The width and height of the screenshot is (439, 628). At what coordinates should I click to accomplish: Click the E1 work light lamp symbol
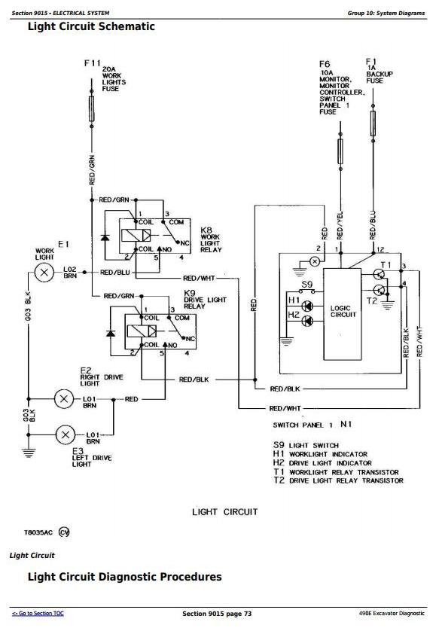click(x=44, y=273)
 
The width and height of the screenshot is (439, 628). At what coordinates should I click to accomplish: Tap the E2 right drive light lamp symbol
click(x=64, y=399)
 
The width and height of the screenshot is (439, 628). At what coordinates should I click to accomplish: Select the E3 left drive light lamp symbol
click(x=65, y=434)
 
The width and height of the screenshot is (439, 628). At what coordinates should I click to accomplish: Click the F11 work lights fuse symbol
click(x=92, y=108)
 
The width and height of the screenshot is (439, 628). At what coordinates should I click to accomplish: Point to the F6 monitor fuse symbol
click(x=340, y=151)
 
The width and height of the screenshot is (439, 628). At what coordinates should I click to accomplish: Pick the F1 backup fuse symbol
click(x=373, y=123)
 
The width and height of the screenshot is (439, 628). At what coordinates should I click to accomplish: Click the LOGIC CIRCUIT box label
click(x=343, y=312)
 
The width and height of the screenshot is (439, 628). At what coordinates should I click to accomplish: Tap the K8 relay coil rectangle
click(x=136, y=235)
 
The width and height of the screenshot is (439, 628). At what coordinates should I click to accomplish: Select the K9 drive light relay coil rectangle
click(x=142, y=331)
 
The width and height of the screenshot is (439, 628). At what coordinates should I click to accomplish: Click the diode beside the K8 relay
click(x=105, y=237)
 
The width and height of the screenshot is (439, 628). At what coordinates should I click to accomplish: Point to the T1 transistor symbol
click(x=379, y=274)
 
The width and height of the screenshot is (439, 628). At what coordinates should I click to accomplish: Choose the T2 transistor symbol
click(x=379, y=290)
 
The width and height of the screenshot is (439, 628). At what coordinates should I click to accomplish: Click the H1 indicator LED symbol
click(x=307, y=306)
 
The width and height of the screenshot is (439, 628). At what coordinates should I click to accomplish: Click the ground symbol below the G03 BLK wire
click(x=29, y=453)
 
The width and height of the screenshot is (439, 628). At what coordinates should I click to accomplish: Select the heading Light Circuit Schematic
click(x=91, y=26)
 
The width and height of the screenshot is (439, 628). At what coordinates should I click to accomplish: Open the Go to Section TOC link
click(x=38, y=613)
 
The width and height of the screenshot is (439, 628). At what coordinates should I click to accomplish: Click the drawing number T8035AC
click(x=38, y=532)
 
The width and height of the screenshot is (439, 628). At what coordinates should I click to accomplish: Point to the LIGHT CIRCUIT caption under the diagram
click(x=224, y=512)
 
